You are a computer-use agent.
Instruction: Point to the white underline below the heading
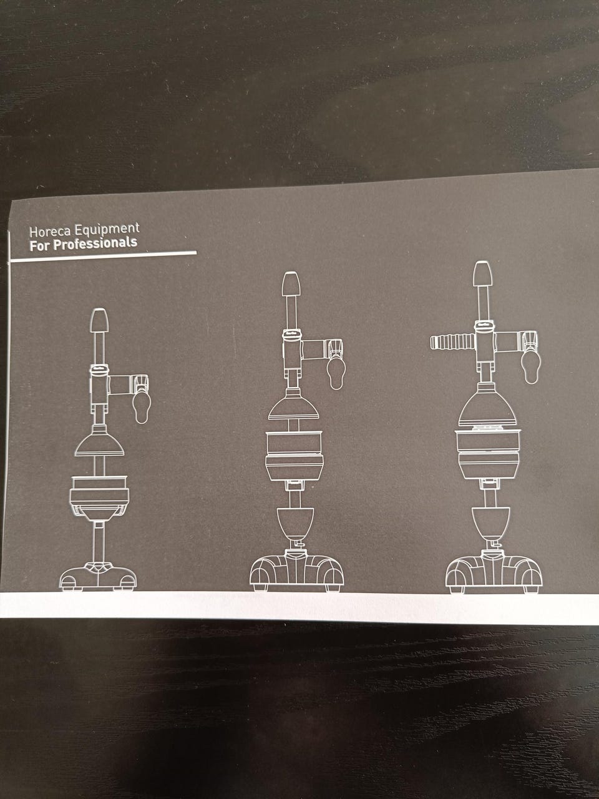pos(104,257)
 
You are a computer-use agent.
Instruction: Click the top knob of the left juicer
pos(99,320)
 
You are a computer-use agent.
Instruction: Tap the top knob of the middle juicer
pos(291,283)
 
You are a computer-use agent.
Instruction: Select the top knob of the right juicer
pos(482,273)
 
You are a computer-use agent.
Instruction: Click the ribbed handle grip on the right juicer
pos(453,343)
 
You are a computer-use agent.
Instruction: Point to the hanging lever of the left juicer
pos(142,409)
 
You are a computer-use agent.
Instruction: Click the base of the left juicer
pos(98,577)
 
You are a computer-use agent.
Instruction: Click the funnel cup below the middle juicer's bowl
pos(295,523)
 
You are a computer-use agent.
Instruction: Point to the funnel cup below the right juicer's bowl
pos(489,523)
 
